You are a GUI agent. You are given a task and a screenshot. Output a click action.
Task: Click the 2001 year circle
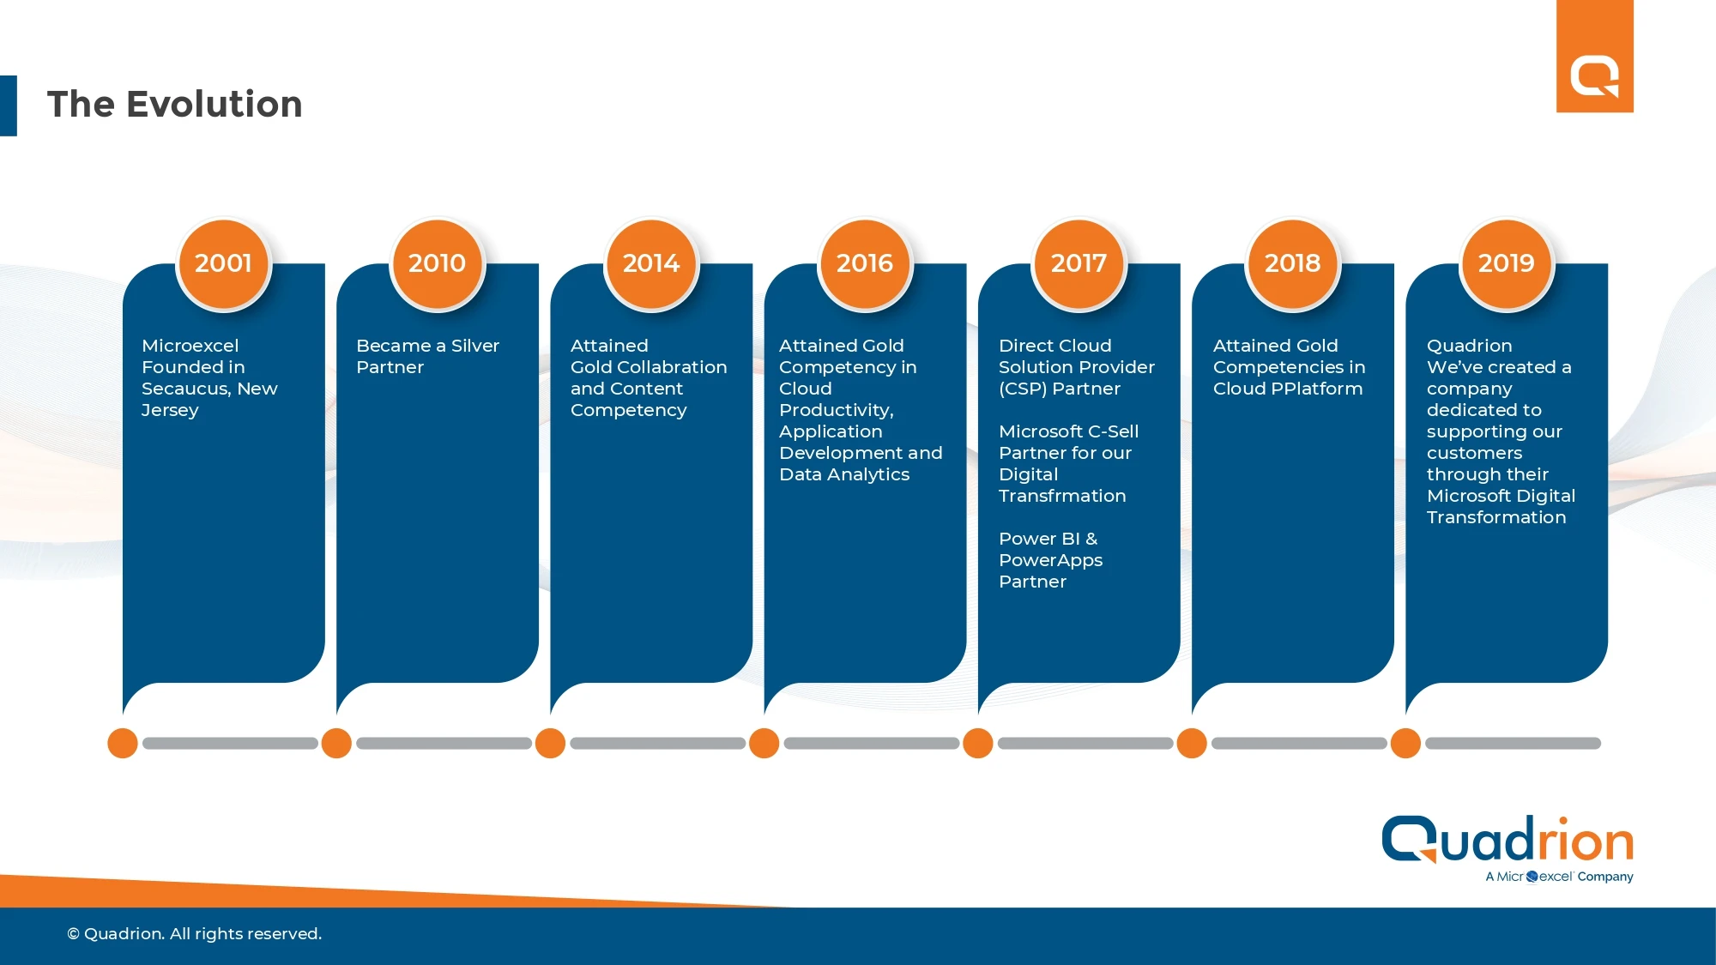[223, 263]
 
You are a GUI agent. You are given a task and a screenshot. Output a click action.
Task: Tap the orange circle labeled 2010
[437, 263]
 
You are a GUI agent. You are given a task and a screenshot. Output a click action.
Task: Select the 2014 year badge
[651, 263]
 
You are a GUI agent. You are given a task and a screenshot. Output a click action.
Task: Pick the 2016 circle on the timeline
[865, 263]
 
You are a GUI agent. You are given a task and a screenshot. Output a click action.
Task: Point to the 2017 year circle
[1079, 263]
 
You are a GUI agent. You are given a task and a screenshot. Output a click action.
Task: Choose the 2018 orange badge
[1292, 263]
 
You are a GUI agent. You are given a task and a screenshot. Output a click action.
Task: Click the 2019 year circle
[1506, 263]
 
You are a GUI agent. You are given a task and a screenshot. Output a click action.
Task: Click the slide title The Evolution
[174, 104]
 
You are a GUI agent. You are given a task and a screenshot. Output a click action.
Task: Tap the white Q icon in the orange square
[1595, 77]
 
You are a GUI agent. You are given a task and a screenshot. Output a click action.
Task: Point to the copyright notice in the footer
[195, 933]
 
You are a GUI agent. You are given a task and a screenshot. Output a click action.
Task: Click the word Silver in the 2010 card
[475, 346]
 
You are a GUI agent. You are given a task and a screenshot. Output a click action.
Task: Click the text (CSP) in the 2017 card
[1023, 389]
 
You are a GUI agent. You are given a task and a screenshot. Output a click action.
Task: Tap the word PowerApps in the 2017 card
[1051, 561]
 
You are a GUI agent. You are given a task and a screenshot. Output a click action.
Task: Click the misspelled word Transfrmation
[1062, 496]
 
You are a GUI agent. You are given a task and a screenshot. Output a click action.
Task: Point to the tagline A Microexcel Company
[1560, 877]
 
